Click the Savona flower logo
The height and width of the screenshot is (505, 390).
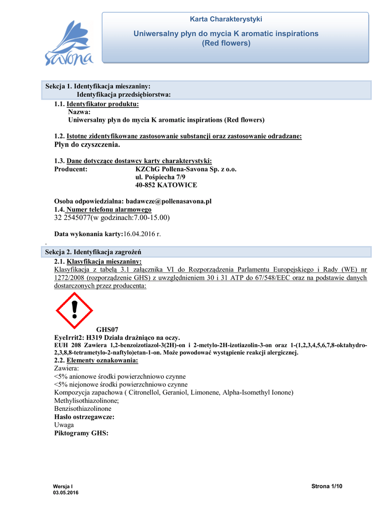(x=69, y=43)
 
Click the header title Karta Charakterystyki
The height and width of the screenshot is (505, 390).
(x=226, y=19)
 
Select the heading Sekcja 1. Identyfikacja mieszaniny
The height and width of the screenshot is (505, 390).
(x=98, y=86)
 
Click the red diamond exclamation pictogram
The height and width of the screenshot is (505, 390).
(x=74, y=310)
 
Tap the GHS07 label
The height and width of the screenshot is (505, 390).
(x=107, y=329)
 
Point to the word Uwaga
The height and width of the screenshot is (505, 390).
(x=64, y=425)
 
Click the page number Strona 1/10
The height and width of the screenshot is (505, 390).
(x=327, y=487)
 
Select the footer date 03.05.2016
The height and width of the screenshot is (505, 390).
(x=65, y=493)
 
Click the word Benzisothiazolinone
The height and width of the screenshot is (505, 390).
(x=82, y=408)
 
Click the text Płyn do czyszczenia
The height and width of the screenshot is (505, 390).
(x=87, y=145)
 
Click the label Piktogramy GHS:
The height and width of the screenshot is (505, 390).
(x=81, y=433)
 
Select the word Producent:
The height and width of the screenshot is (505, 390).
(x=71, y=169)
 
